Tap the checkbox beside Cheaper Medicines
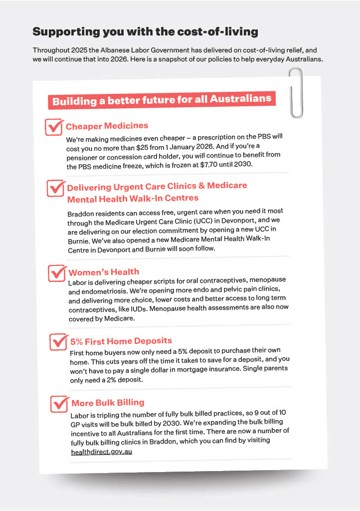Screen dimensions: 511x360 pyautogui.click(x=53, y=127)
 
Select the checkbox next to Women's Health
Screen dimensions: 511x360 pyautogui.click(x=56, y=273)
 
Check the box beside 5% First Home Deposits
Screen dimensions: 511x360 pyautogui.click(x=58, y=342)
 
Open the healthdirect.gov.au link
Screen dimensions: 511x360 pyautogui.click(x=102, y=452)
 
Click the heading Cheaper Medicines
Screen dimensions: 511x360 pyautogui.click(x=107, y=126)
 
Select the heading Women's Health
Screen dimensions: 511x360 pyautogui.click(x=104, y=272)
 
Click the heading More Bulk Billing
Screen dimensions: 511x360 pyautogui.click(x=108, y=403)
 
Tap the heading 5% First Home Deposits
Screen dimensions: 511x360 pyautogui.click(x=121, y=341)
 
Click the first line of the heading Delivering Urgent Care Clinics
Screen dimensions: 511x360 pyautogui.click(x=157, y=187)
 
